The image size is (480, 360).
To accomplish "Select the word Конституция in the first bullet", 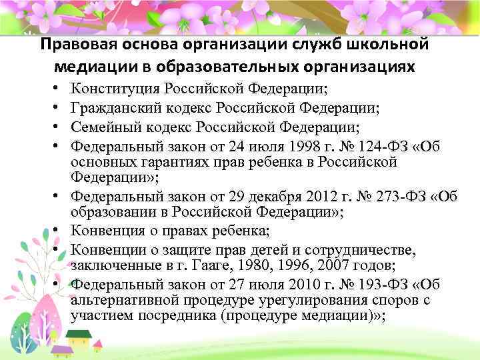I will [115, 89].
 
